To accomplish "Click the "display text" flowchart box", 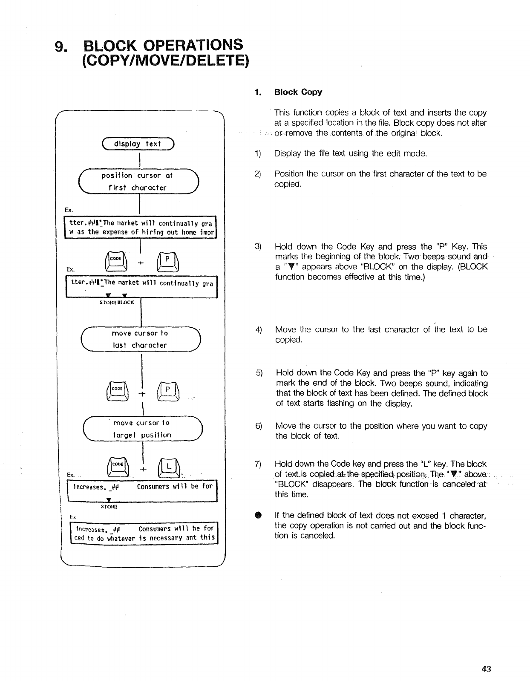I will pyautogui.click(x=137, y=144).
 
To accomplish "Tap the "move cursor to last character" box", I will pyautogui.click(x=140, y=339).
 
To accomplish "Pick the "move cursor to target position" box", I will pyautogui.click(x=142, y=429).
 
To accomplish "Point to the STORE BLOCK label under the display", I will pyautogui.click(x=117, y=302).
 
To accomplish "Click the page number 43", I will pyautogui.click(x=486, y=669).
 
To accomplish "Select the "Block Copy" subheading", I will pyautogui.click(x=298, y=92).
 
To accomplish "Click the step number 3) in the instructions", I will pyautogui.click(x=257, y=247).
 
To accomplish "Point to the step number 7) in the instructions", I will pyautogui.click(x=258, y=464).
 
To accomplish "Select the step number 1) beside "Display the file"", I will pyautogui.click(x=257, y=153).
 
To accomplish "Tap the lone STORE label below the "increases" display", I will pyautogui.click(x=109, y=507).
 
